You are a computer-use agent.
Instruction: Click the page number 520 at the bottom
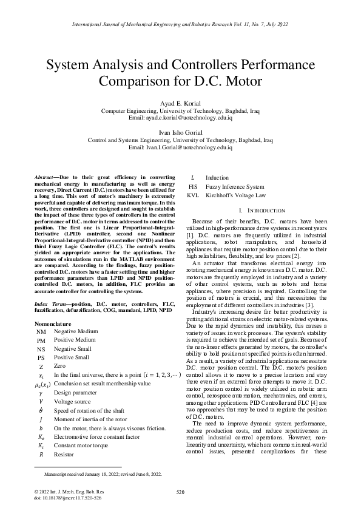click(x=180, y=492)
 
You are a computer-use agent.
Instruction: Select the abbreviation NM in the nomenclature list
click(x=41, y=332)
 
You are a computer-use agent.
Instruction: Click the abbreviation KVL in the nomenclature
click(x=193, y=195)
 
